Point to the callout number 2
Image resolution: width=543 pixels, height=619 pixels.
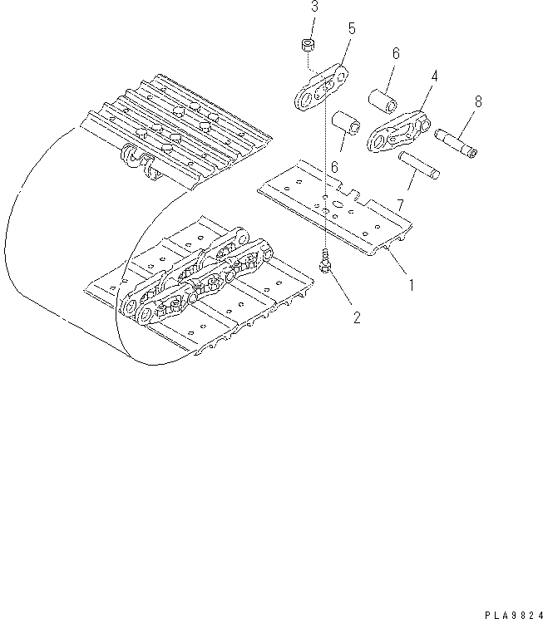[x=356, y=317]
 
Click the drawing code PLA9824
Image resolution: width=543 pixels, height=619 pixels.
[x=505, y=611]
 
